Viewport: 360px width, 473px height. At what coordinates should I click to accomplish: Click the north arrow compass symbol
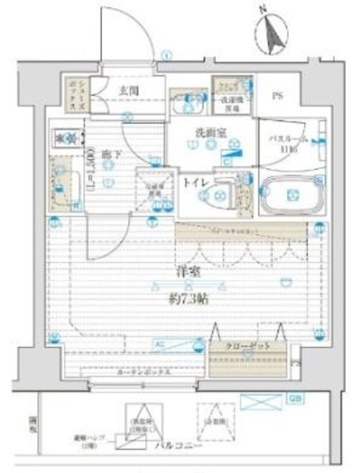(274, 33)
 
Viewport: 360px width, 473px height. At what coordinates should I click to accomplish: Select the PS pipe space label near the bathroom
(277, 95)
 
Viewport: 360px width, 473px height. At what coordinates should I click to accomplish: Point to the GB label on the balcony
(294, 400)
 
